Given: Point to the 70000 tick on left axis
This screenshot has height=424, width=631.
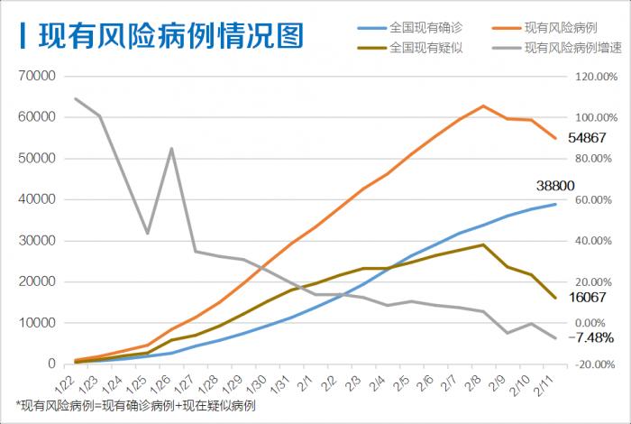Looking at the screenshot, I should click(36, 77).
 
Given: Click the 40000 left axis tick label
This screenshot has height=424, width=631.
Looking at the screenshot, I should click(36, 199).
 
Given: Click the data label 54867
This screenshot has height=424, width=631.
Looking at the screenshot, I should click(586, 139).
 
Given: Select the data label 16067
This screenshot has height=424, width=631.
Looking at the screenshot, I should click(586, 297).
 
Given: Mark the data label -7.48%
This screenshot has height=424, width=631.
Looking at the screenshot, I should click(591, 337).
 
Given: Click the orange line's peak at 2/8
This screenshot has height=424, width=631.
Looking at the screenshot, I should click(483, 106).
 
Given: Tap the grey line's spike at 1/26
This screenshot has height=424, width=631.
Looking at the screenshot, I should click(171, 149).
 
